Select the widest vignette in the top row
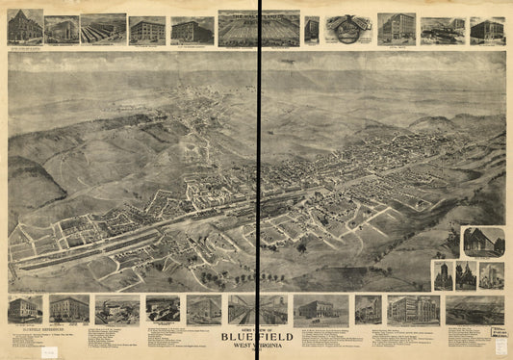point(258,29)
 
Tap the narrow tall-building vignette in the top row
point(312,29)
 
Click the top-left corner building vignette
point(25,27)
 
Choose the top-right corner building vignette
point(487,30)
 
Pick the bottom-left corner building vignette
point(25,309)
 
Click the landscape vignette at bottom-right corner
point(474,309)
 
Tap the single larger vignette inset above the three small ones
point(482,242)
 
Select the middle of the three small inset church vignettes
point(466,275)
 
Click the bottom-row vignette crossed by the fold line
point(258,309)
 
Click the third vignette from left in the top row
point(103,29)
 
